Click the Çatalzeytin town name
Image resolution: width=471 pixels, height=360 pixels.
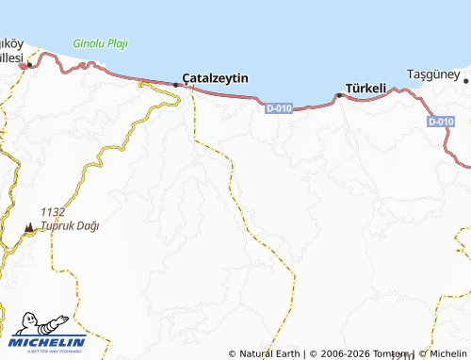216,77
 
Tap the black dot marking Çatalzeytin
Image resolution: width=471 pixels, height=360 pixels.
176,85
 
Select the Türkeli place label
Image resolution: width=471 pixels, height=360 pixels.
365,88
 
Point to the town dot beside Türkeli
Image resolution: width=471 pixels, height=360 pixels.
339,95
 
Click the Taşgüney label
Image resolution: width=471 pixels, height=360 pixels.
431,74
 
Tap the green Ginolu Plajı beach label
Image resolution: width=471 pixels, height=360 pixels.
101,43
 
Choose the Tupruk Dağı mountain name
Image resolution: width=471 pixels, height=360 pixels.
70,226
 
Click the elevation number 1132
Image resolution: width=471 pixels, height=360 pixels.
53,213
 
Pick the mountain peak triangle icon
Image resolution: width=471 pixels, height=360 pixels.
29,227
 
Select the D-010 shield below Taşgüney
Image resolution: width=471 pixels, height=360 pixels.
441,122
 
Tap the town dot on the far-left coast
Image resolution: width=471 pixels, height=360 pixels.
30,65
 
